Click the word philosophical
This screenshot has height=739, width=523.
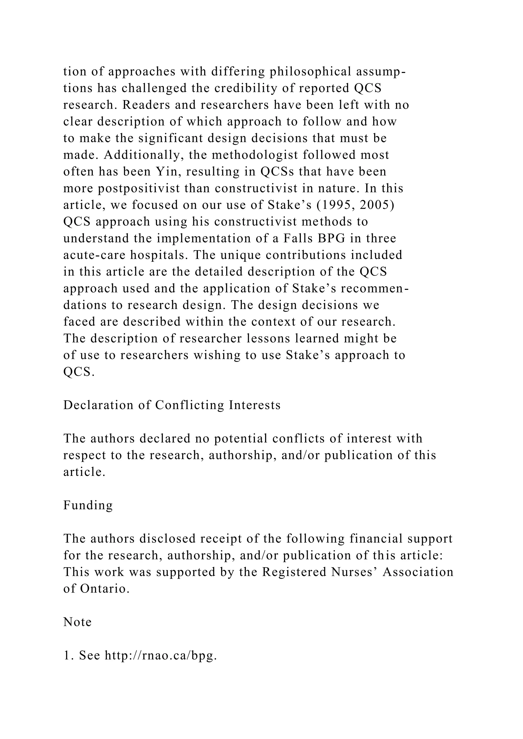click(x=310, y=71)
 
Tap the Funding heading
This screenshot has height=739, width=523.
click(x=88, y=505)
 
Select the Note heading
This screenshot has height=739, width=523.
click(x=77, y=622)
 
